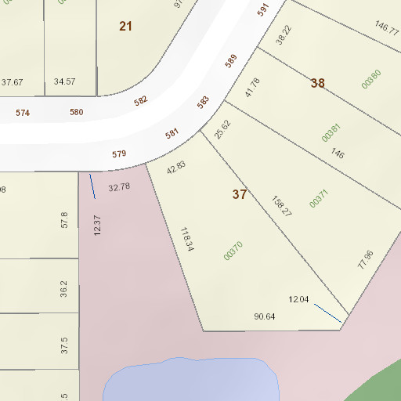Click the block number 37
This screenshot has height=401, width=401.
(x=240, y=194)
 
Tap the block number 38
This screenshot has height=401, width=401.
(x=317, y=83)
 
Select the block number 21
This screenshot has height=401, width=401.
(x=126, y=27)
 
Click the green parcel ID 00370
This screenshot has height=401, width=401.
(x=233, y=250)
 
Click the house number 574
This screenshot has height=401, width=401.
(x=23, y=113)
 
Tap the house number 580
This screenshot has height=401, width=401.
(x=76, y=112)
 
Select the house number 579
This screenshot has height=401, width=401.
(x=119, y=154)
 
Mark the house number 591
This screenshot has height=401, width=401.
(x=262, y=10)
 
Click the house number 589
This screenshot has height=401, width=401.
(x=230, y=61)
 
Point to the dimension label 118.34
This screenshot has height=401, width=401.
(x=186, y=239)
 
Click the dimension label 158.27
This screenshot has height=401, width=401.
(x=281, y=206)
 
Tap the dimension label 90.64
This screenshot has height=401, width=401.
(x=265, y=316)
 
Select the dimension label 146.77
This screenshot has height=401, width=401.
(x=387, y=27)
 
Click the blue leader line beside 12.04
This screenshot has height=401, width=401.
(x=327, y=313)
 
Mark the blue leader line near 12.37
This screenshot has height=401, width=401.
(x=92, y=186)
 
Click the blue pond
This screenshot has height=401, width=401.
(x=192, y=381)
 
